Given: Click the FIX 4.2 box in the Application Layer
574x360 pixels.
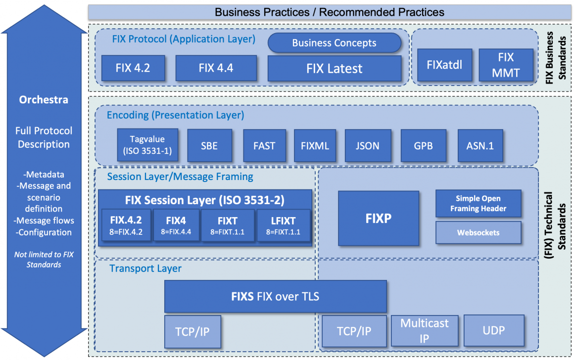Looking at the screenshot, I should [x=133, y=68].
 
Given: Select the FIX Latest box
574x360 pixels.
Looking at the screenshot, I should [x=334, y=68].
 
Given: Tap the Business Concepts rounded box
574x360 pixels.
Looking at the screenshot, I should [x=334, y=43].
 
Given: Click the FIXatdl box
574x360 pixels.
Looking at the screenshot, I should [x=444, y=65].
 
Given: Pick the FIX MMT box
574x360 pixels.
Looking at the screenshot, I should [x=506, y=65].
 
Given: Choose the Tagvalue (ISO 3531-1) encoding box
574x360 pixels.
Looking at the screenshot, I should [x=147, y=145].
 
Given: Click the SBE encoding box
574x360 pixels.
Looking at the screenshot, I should [x=209, y=146].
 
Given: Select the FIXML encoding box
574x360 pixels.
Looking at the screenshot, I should [x=315, y=146].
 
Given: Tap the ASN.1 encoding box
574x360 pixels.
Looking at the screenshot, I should [x=480, y=146].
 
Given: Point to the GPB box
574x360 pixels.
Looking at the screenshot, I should [x=424, y=146].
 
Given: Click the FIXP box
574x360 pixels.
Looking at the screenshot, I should [x=379, y=219].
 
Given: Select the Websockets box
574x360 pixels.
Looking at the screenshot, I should [x=478, y=232].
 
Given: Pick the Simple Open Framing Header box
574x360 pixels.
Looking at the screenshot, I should [x=478, y=204].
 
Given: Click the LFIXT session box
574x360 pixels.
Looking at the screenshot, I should [x=284, y=226].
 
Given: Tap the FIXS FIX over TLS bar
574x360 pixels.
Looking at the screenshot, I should [x=275, y=297].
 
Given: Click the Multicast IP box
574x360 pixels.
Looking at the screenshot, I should [x=425, y=331].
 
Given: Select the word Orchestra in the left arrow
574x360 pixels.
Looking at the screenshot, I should [x=44, y=99].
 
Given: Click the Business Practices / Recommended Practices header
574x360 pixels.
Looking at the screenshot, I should [x=329, y=12].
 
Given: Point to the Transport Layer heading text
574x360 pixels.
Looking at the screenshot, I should [x=145, y=269].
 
